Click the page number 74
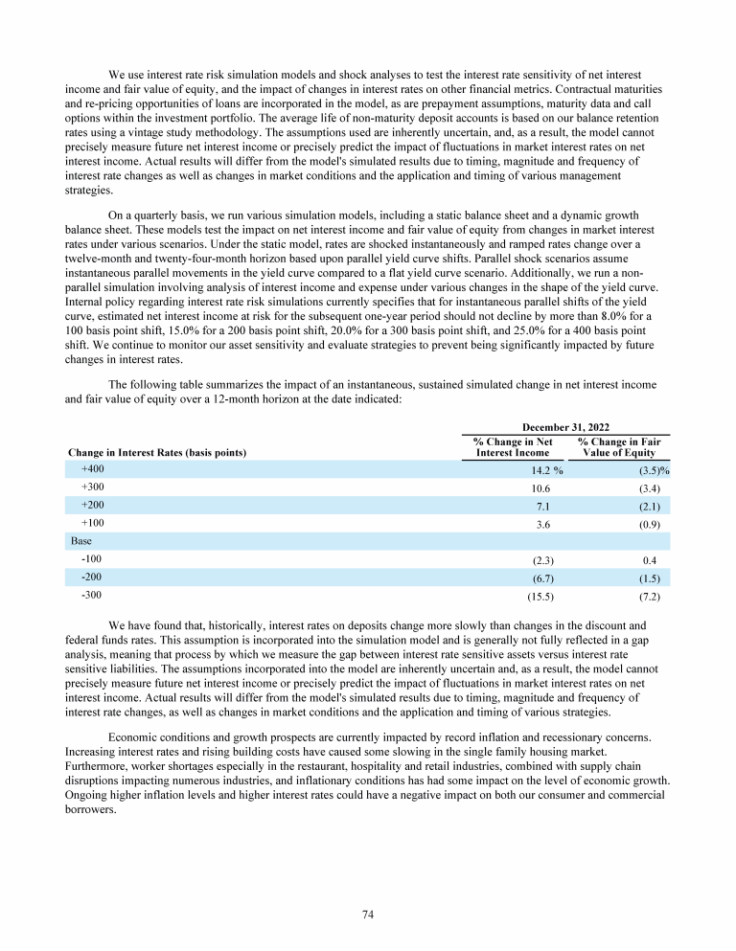point(367,915)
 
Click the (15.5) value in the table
point(543,596)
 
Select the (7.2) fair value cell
point(655,596)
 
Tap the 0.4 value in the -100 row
point(657,559)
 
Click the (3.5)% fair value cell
point(653,470)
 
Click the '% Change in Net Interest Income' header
point(513,446)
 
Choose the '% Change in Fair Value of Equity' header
point(624,446)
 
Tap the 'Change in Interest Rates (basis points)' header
point(157,452)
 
